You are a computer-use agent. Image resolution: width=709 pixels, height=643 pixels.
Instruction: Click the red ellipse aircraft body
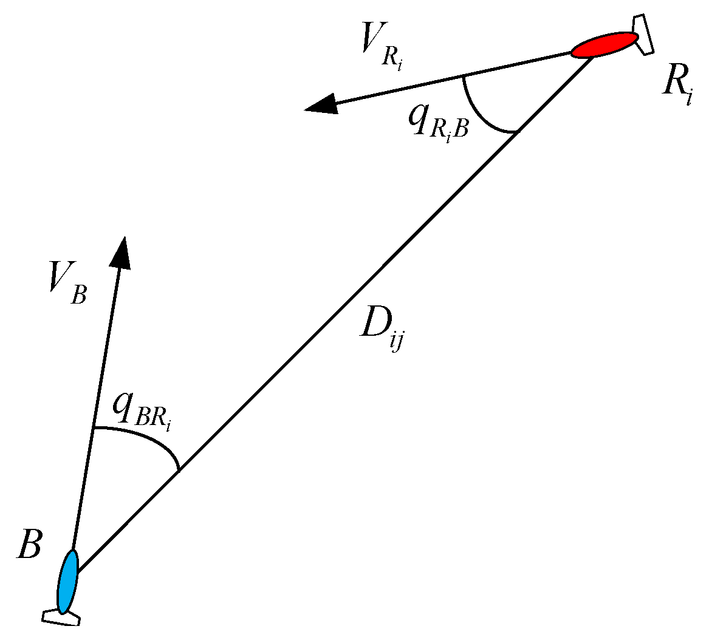click(605, 45)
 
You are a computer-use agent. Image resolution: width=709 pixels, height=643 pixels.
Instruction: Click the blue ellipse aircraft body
click(67, 581)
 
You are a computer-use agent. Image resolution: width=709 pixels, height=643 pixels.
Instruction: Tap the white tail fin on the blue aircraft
click(61, 616)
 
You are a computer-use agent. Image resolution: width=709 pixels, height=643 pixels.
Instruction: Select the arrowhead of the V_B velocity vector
click(122, 251)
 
